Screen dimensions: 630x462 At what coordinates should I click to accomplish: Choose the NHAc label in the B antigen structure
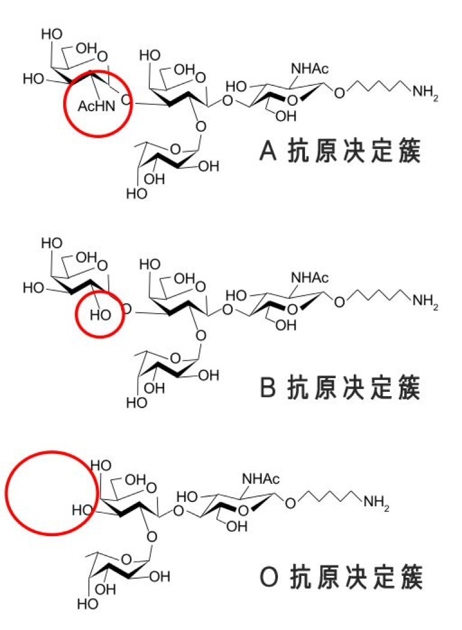pos(309,278)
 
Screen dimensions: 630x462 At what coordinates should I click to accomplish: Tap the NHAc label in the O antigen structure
pos(261,479)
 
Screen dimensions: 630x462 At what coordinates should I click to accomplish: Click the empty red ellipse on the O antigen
pos(52,493)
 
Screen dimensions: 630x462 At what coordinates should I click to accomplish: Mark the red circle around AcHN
pos(97,103)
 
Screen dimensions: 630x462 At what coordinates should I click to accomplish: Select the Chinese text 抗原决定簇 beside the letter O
pos(356,578)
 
